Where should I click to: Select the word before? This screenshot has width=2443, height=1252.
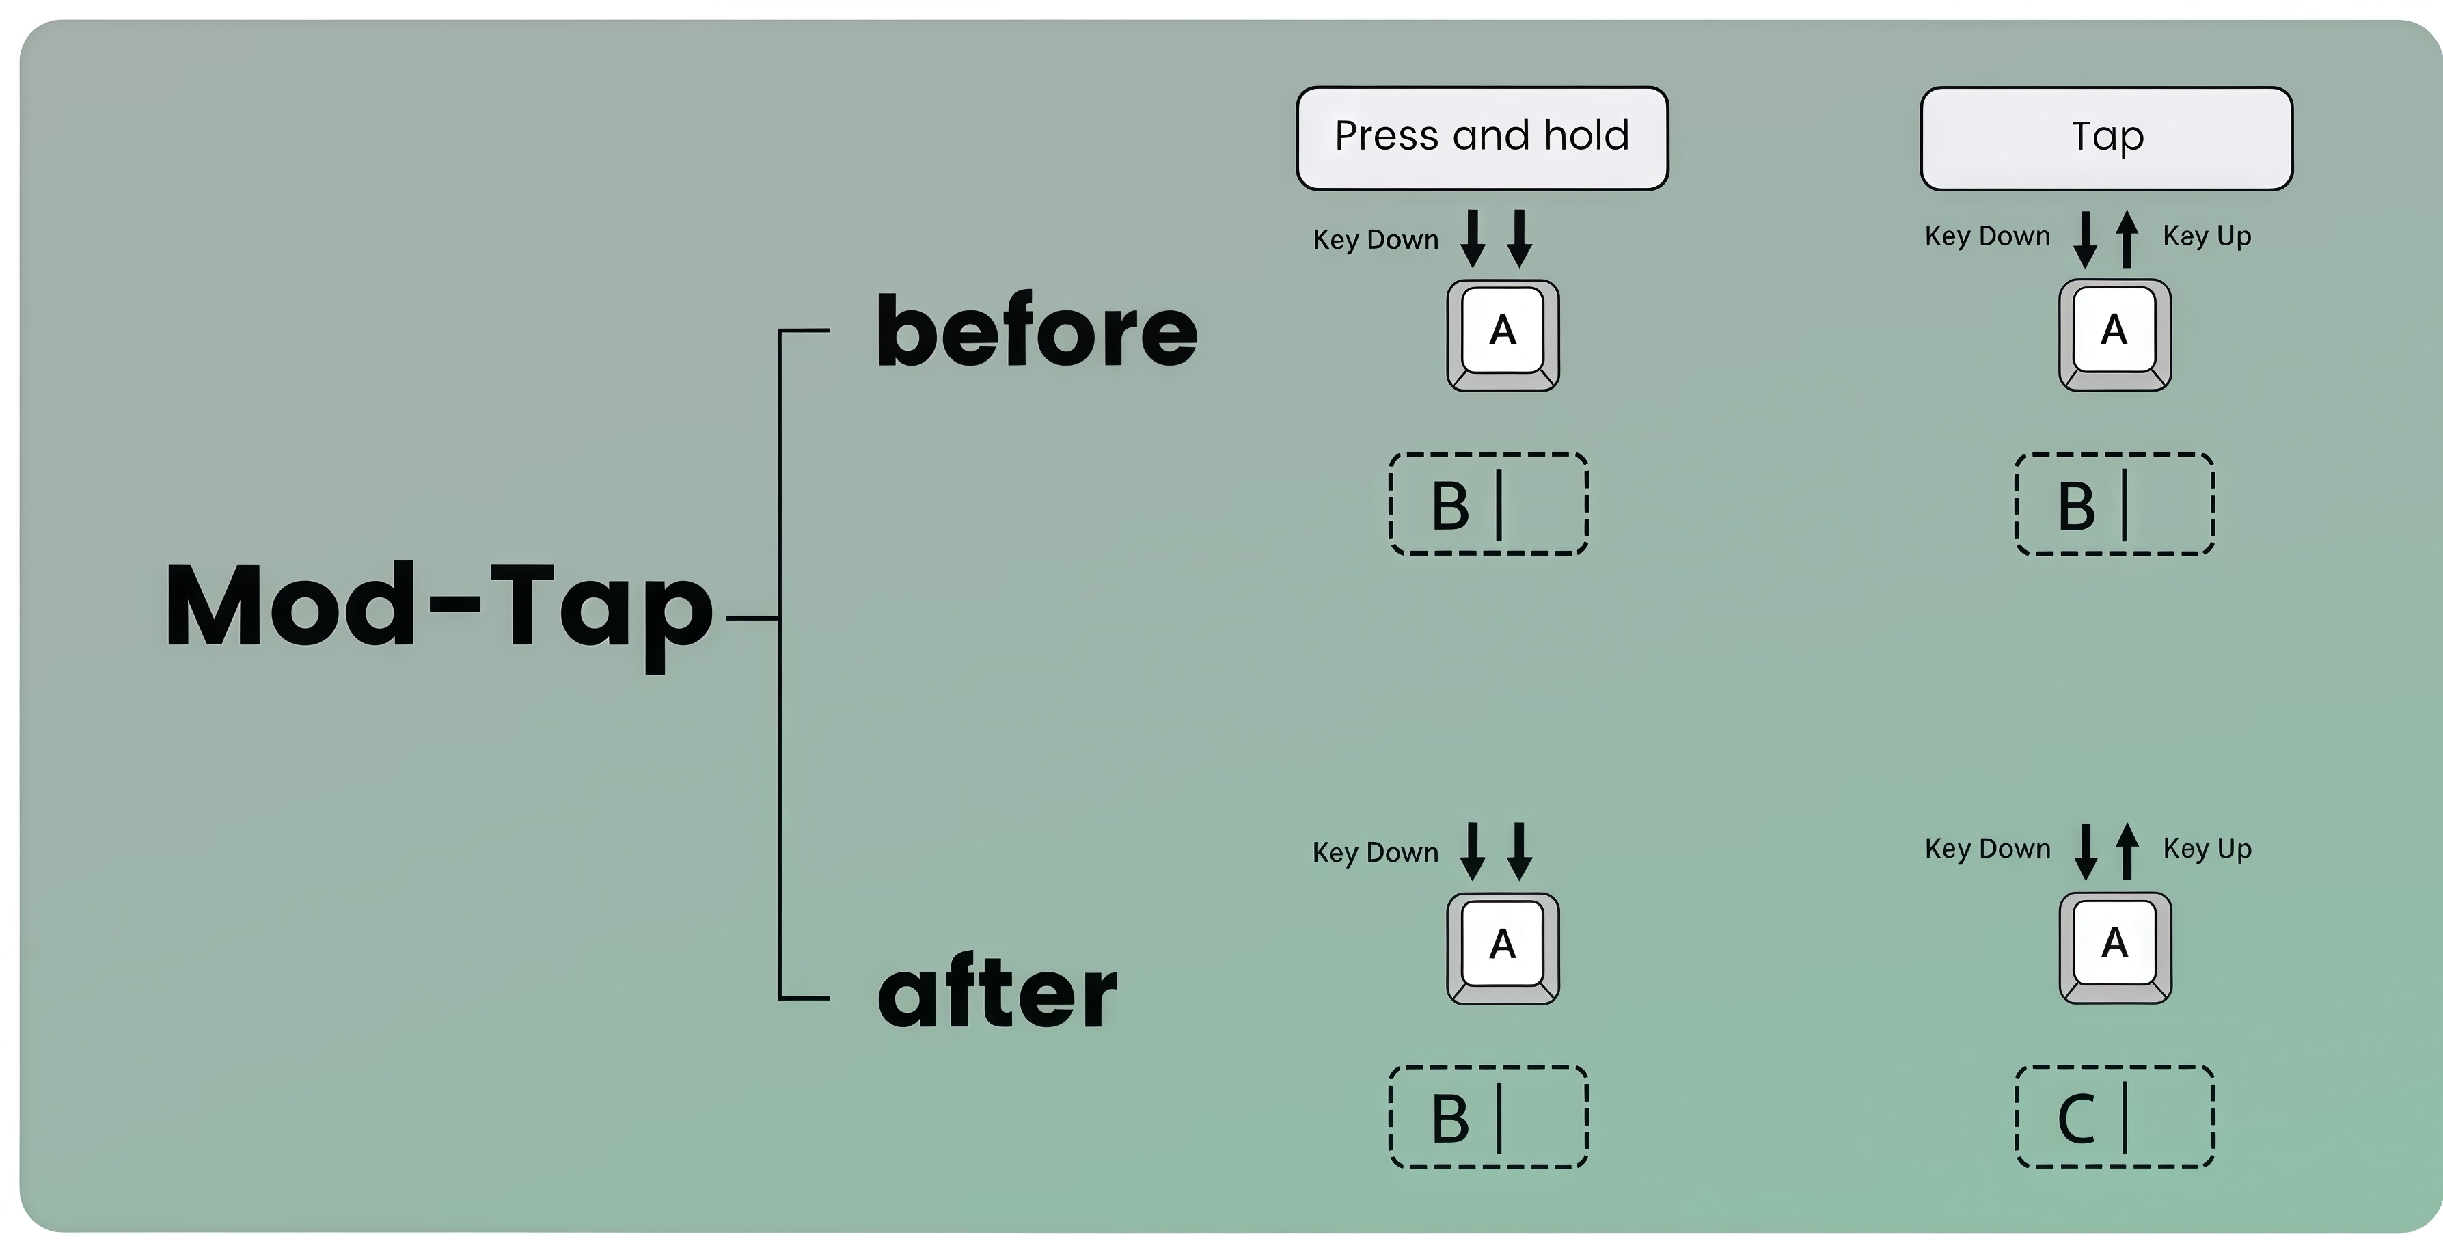tap(1037, 332)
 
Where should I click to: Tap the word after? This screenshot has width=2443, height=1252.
tap(997, 994)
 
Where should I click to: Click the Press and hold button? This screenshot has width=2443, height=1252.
tap(1482, 137)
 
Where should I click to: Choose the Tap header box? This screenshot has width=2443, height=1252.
tap(2106, 137)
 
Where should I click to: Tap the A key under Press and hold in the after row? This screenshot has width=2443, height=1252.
tap(1502, 947)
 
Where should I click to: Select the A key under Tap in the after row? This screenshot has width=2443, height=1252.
tap(2114, 947)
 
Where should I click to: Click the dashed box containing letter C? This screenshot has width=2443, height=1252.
tap(2114, 1117)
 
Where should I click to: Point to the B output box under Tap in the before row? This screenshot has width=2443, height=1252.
tap(2114, 504)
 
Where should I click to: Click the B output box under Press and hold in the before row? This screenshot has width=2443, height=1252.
tap(1488, 504)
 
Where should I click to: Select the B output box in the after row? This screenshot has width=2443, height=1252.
tap(1488, 1117)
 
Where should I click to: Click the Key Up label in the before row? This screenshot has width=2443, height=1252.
tap(2206, 236)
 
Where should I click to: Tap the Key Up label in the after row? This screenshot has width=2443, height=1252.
tap(2206, 849)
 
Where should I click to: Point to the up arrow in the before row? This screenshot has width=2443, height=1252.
tap(2127, 239)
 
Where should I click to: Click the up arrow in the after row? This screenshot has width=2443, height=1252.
tap(2127, 851)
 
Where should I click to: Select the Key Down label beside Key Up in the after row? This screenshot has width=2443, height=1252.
tap(1987, 849)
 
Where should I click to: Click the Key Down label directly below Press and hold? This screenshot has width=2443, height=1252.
tap(1375, 240)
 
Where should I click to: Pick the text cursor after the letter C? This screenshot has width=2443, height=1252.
tap(2125, 1117)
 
